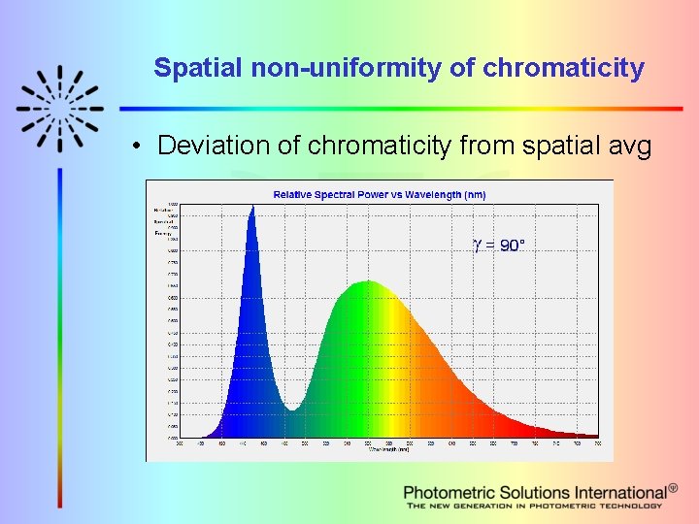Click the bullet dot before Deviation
[140, 147]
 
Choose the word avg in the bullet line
[631, 146]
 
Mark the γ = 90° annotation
[498, 246]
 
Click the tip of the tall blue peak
[252, 206]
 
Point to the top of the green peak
[367, 281]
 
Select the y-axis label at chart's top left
[162, 220]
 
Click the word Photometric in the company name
[449, 493]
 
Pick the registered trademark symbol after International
[673, 488]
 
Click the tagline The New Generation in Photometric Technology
[534, 506]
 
